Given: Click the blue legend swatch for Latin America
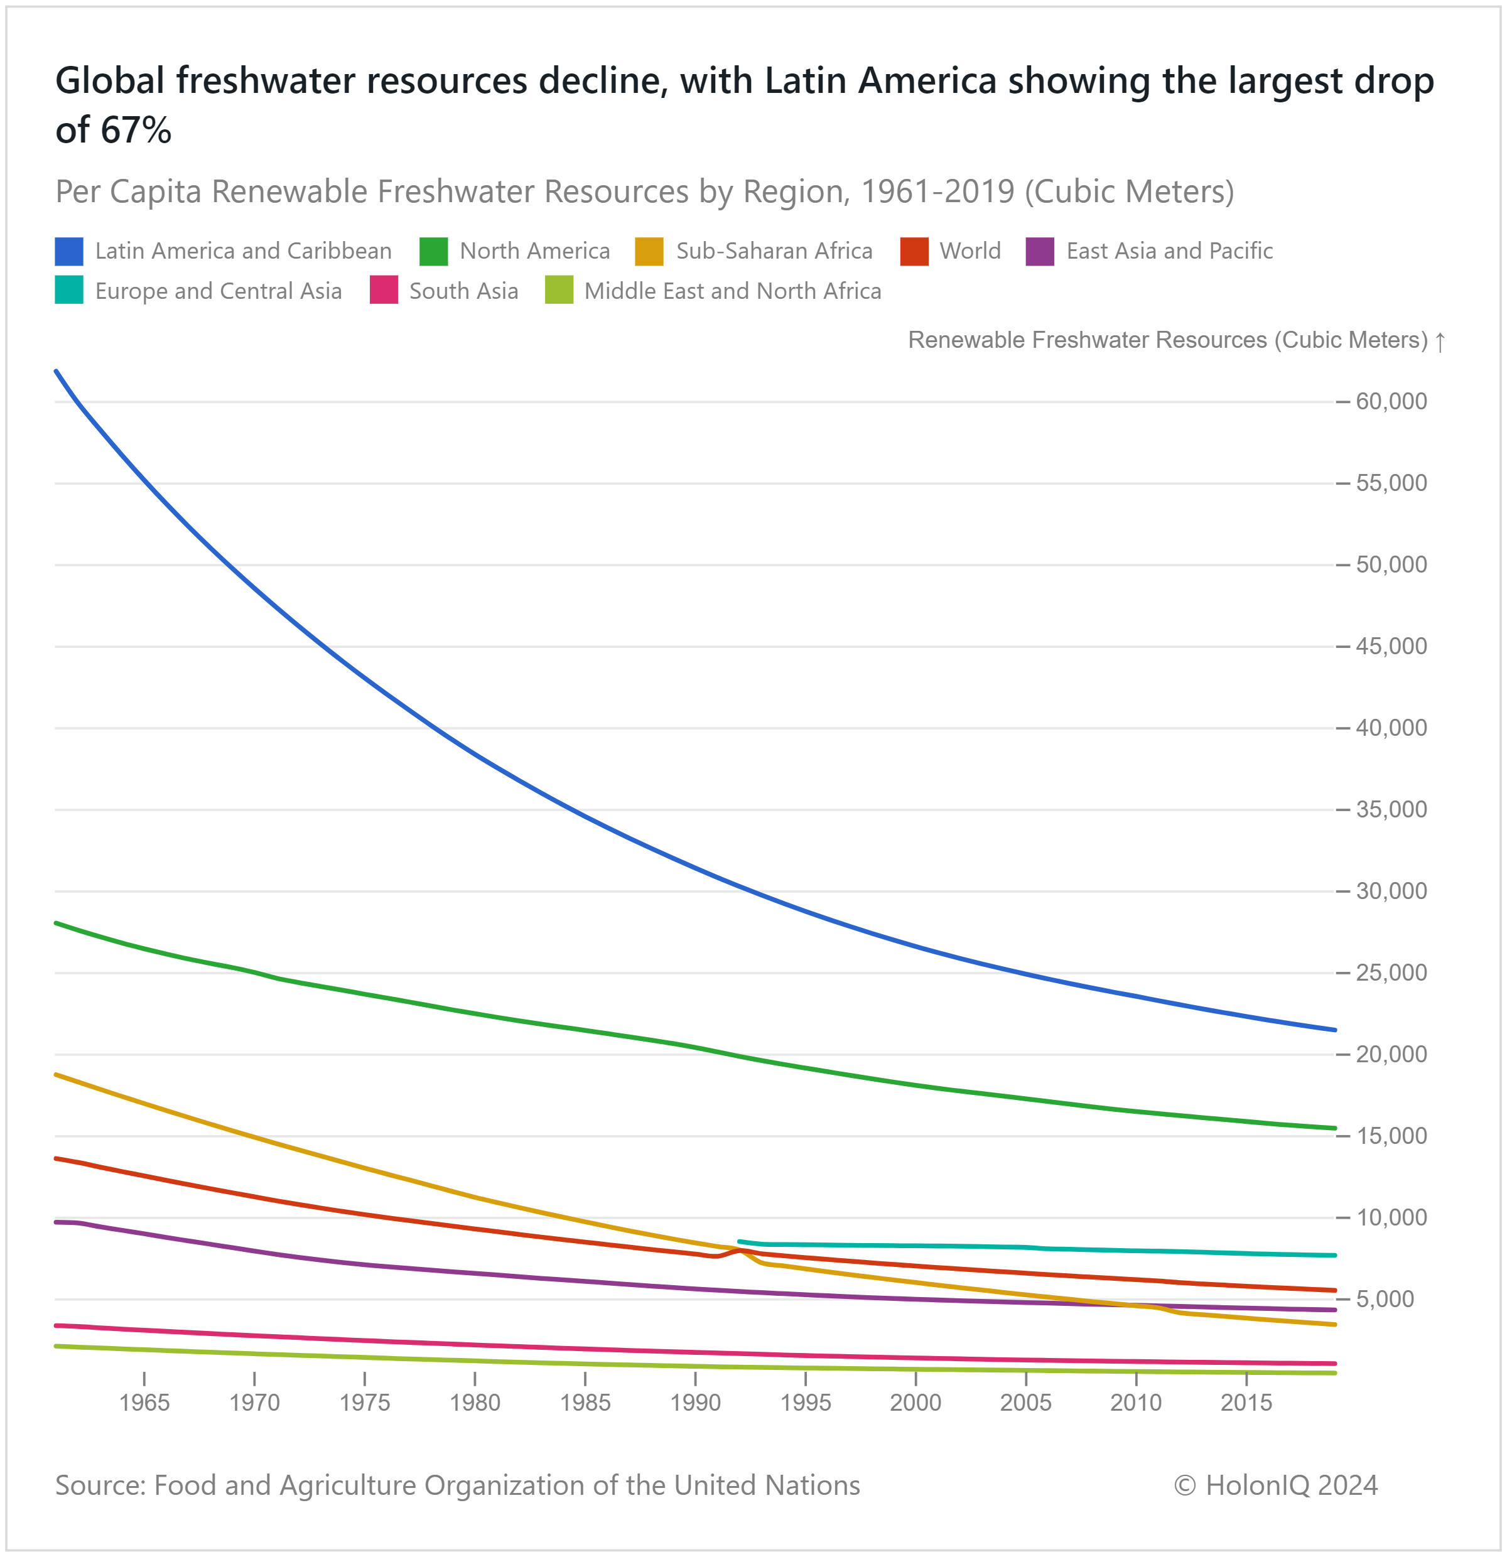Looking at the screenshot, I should point(69,251).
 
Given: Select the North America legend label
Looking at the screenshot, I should point(534,251).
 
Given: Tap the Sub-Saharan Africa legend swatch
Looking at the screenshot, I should point(649,251).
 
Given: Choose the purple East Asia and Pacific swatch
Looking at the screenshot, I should point(1039,251).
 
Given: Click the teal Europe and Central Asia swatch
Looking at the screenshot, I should point(69,291).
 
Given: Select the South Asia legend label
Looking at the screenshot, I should point(463,291).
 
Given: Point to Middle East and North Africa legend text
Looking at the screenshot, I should point(732,291).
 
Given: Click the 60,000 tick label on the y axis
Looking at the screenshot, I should point(1391,401).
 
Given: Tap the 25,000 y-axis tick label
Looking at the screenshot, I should point(1391,972).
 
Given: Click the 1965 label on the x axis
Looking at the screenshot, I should point(144,1402).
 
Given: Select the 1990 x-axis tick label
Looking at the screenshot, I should point(695,1402).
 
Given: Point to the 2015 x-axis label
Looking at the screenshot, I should point(1246,1402).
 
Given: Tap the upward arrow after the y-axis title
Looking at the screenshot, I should point(1439,342).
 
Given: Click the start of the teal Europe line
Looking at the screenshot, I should point(740,1241).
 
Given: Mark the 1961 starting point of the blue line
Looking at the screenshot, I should point(57,371).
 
